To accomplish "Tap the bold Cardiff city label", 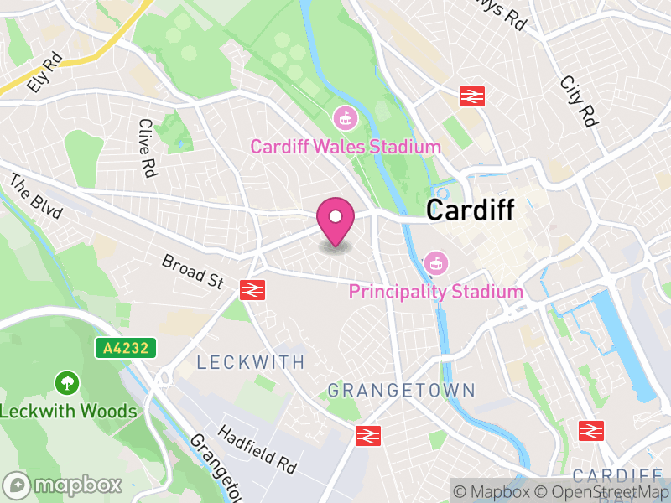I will (x=470, y=210).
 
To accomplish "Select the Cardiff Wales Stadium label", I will (x=346, y=147).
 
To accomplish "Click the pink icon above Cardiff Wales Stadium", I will (x=343, y=118).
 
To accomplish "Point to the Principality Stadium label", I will (x=435, y=292).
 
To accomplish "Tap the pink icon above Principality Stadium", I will (x=435, y=262).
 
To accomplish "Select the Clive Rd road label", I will (x=148, y=148).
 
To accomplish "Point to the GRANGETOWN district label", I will (x=401, y=390).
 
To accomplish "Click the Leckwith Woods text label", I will (x=68, y=411).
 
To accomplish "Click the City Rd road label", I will (x=579, y=101).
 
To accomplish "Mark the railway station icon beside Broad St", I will (x=252, y=289).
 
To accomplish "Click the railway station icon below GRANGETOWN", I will (x=368, y=434).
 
